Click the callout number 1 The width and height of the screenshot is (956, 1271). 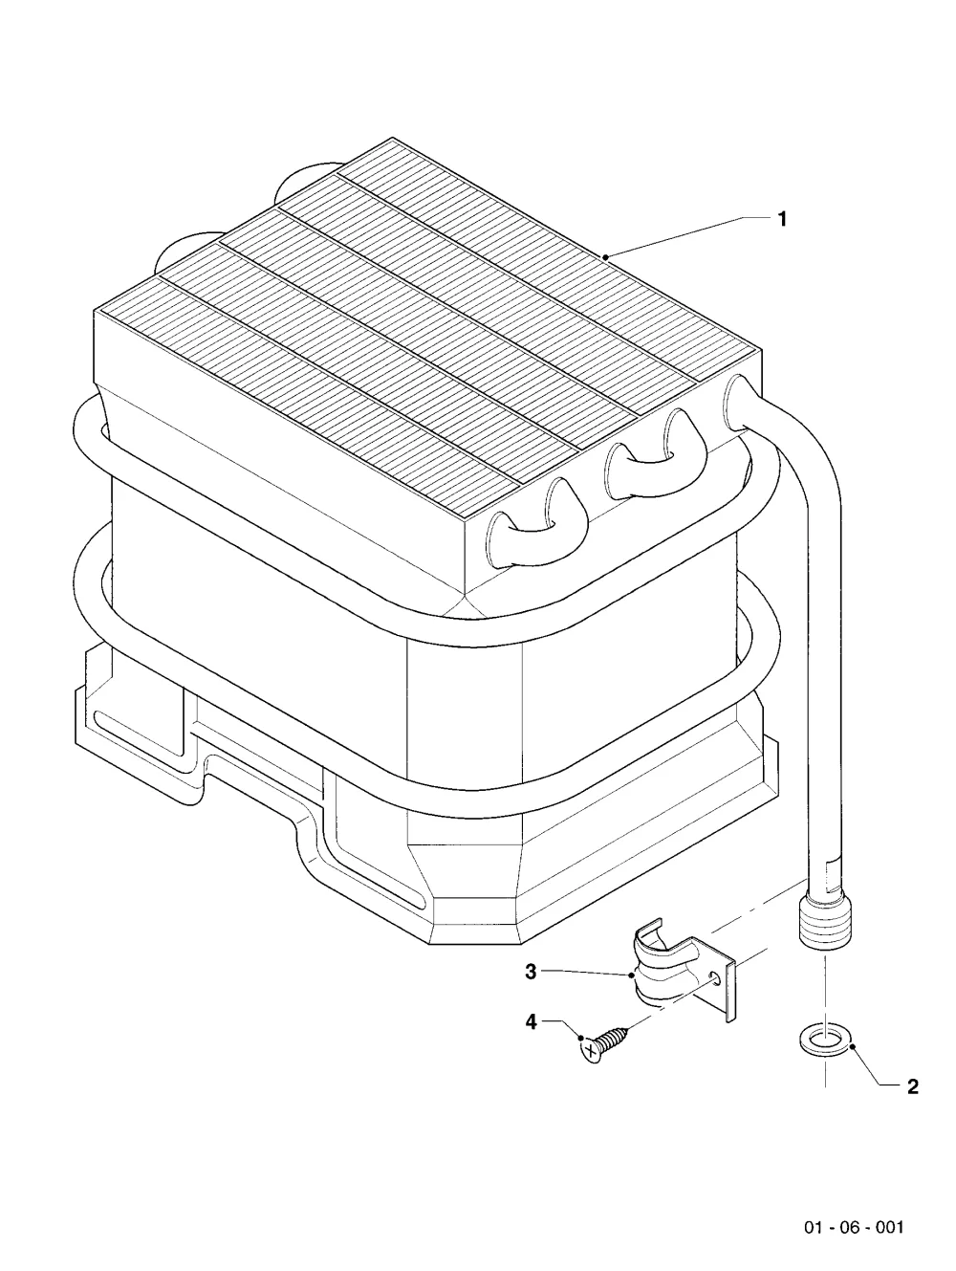click(x=782, y=219)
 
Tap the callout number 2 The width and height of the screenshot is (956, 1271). click(x=913, y=1086)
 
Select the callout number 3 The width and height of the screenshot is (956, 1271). click(x=531, y=971)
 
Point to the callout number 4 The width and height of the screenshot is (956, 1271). click(x=531, y=1022)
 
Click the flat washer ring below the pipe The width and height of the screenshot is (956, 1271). click(x=825, y=1042)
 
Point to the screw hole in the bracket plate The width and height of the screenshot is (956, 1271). click(x=716, y=978)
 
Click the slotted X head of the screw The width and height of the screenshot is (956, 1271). click(x=590, y=1052)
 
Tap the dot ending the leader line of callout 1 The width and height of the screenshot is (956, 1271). click(x=605, y=256)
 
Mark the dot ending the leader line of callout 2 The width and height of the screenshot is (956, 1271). click(x=853, y=1045)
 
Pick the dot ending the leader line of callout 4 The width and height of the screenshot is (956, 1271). click(x=580, y=1040)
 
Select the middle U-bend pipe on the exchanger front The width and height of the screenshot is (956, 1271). click(x=655, y=451)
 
